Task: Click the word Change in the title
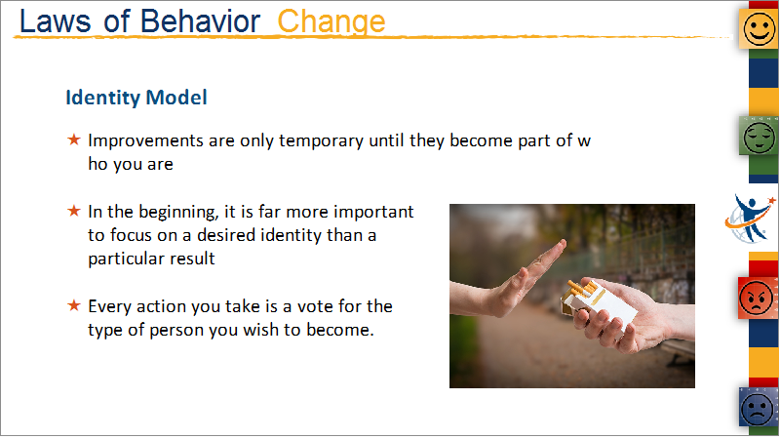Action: point(331,22)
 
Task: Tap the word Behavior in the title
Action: point(200,21)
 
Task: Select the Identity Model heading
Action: point(136,97)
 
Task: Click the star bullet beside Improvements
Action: point(74,140)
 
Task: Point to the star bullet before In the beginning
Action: point(74,211)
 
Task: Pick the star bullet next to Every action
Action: point(74,305)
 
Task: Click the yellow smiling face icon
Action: point(759,29)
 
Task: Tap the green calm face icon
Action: point(759,136)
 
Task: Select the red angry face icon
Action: point(758,299)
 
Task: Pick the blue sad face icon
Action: point(759,408)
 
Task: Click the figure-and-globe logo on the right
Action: point(750,219)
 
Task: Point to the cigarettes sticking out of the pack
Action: point(581,288)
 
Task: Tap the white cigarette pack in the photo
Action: point(599,303)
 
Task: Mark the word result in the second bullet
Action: point(192,259)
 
